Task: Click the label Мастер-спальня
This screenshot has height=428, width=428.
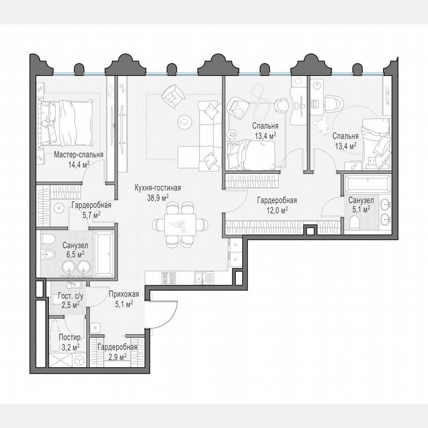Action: point(78,155)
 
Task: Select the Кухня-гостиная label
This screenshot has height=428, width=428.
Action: point(158,188)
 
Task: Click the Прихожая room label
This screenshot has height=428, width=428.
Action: point(120,295)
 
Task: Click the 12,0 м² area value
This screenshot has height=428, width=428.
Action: point(276,210)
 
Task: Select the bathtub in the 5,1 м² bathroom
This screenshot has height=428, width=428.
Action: point(366,183)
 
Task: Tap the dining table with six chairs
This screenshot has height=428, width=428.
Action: point(177,224)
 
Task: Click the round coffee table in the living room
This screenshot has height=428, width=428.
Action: point(185,120)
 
